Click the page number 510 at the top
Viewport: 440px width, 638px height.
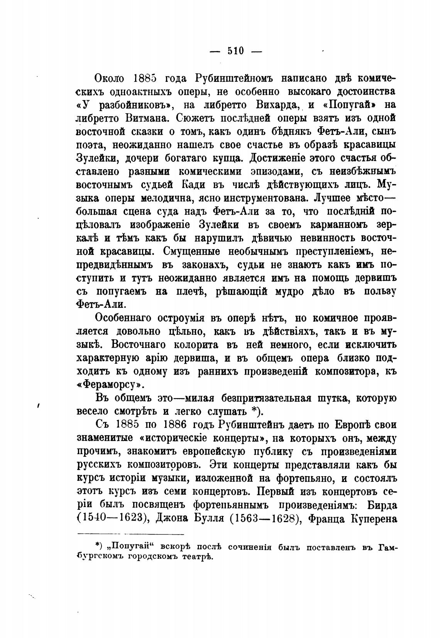coord(235,51)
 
